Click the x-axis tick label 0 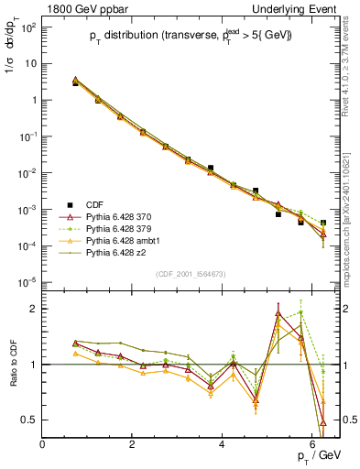[43, 443]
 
